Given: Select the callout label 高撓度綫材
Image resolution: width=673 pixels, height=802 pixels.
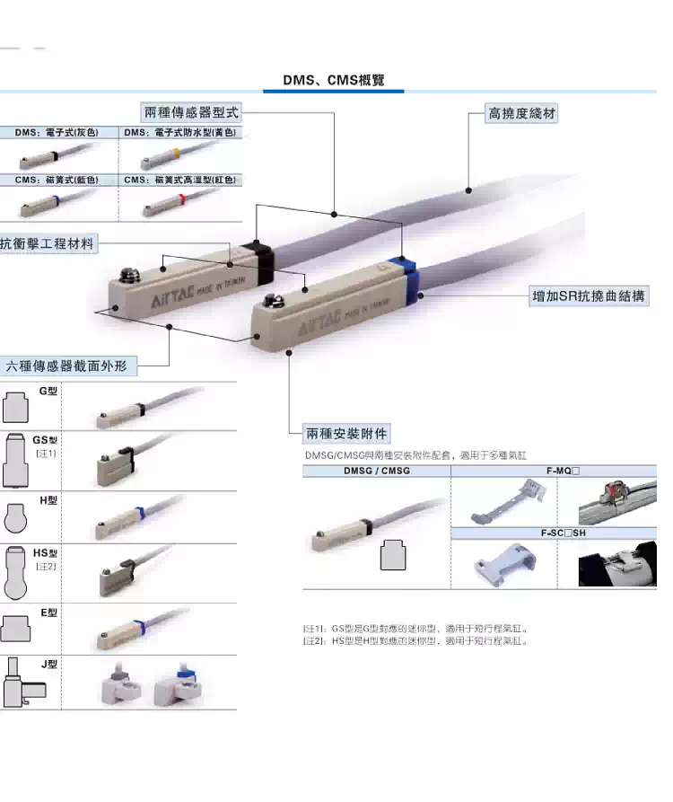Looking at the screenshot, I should click(x=521, y=114).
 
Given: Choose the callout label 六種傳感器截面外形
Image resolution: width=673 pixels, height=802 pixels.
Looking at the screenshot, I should click(x=71, y=366).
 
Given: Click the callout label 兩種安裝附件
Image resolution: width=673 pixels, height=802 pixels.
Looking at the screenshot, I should click(x=347, y=434).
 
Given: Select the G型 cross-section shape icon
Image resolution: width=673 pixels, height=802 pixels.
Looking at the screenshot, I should click(x=19, y=407).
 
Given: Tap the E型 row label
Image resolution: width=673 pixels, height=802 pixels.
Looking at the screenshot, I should click(x=48, y=613).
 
